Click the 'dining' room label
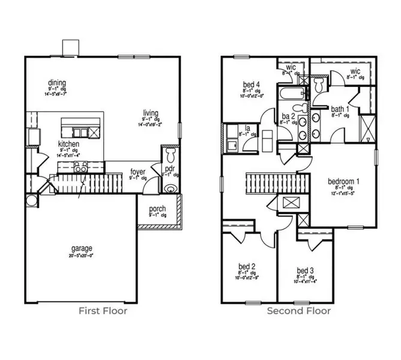click(58, 83)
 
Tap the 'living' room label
click(150, 112)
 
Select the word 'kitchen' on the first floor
click(67, 144)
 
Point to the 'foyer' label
click(138, 172)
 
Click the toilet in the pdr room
click(171, 158)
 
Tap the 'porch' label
click(157, 209)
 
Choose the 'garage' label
click(81, 248)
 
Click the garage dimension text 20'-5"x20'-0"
click(81, 254)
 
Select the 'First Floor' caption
click(103, 311)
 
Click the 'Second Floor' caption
click(298, 311)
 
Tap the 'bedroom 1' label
click(343, 181)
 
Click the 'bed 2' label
click(247, 266)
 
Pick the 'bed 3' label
click(305, 271)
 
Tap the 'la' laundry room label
click(247, 128)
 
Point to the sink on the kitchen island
click(79, 132)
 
